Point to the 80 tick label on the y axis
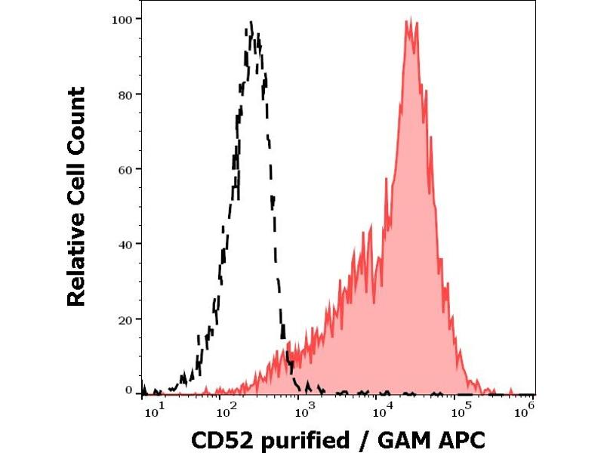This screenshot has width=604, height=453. (126, 94)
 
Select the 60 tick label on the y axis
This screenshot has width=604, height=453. (126, 168)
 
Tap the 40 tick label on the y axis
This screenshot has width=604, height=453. (126, 244)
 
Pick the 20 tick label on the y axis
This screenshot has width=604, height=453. (126, 319)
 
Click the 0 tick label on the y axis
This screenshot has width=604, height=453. (129, 390)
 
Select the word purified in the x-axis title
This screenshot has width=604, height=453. (302, 440)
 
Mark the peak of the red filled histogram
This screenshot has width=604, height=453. (408, 20)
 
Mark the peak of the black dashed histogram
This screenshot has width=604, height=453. (251, 23)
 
